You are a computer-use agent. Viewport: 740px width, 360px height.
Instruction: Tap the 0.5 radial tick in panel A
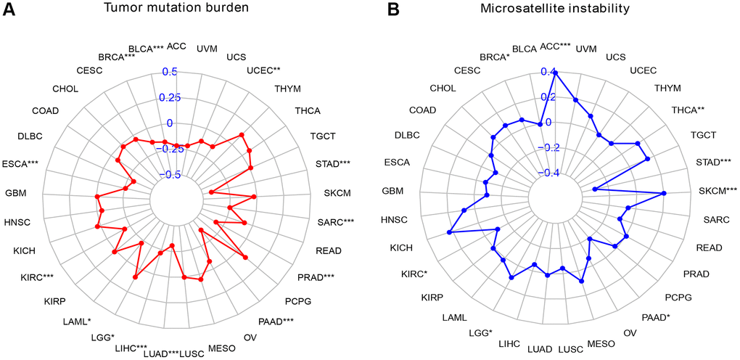pyautogui.click(x=169, y=72)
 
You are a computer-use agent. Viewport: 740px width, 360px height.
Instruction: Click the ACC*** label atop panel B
pyautogui.click(x=556, y=46)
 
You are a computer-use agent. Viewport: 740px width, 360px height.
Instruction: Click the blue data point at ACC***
pyautogui.click(x=555, y=72)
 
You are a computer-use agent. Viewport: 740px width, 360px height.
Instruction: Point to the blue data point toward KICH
pyautogui.click(x=449, y=232)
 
